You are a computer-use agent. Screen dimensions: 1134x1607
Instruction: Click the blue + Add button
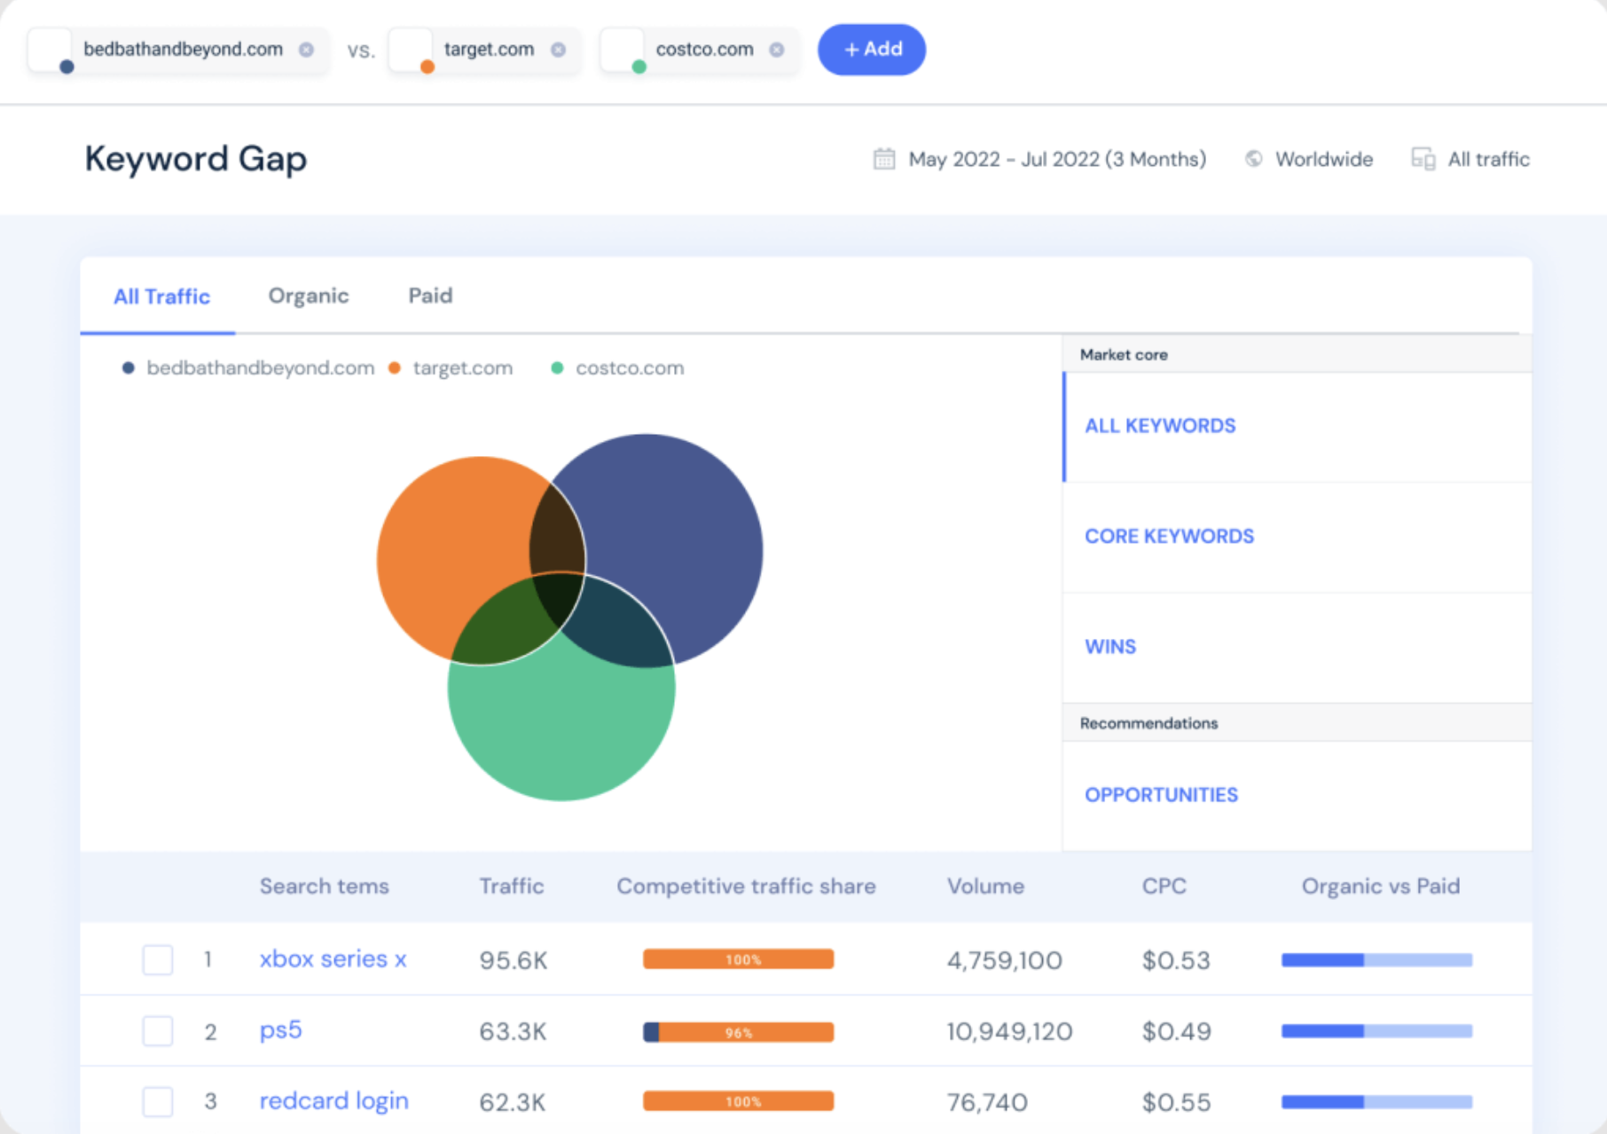coord(871,50)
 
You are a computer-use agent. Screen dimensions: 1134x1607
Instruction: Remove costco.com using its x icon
coord(777,50)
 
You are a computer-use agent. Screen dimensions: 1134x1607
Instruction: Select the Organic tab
coord(308,296)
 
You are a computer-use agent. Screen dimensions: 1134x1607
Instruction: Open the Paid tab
coord(430,296)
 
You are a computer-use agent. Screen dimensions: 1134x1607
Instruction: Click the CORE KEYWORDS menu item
coord(1169,537)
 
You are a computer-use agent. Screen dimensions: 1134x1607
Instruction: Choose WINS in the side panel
coord(1110,647)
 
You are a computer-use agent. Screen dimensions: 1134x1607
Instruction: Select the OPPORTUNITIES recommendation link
coord(1161,795)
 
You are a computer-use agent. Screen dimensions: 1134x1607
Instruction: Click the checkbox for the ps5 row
coord(158,1031)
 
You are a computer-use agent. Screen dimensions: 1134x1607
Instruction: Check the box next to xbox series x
coord(158,960)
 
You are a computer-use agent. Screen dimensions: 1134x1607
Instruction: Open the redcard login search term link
coord(333,1101)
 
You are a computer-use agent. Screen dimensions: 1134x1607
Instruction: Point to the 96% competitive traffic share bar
coord(738,1032)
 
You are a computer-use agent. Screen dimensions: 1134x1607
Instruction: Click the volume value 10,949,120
coord(1009,1032)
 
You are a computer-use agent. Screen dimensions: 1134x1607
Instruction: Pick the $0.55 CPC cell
coord(1176,1102)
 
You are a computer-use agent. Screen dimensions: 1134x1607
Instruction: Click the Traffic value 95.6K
coord(513,961)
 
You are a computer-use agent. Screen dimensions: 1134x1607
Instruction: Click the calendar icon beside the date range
coord(884,159)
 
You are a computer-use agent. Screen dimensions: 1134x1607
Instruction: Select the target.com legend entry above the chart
coord(461,368)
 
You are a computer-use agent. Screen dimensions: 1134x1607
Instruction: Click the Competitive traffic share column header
coord(746,886)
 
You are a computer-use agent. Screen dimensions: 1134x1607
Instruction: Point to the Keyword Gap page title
coord(196,159)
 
